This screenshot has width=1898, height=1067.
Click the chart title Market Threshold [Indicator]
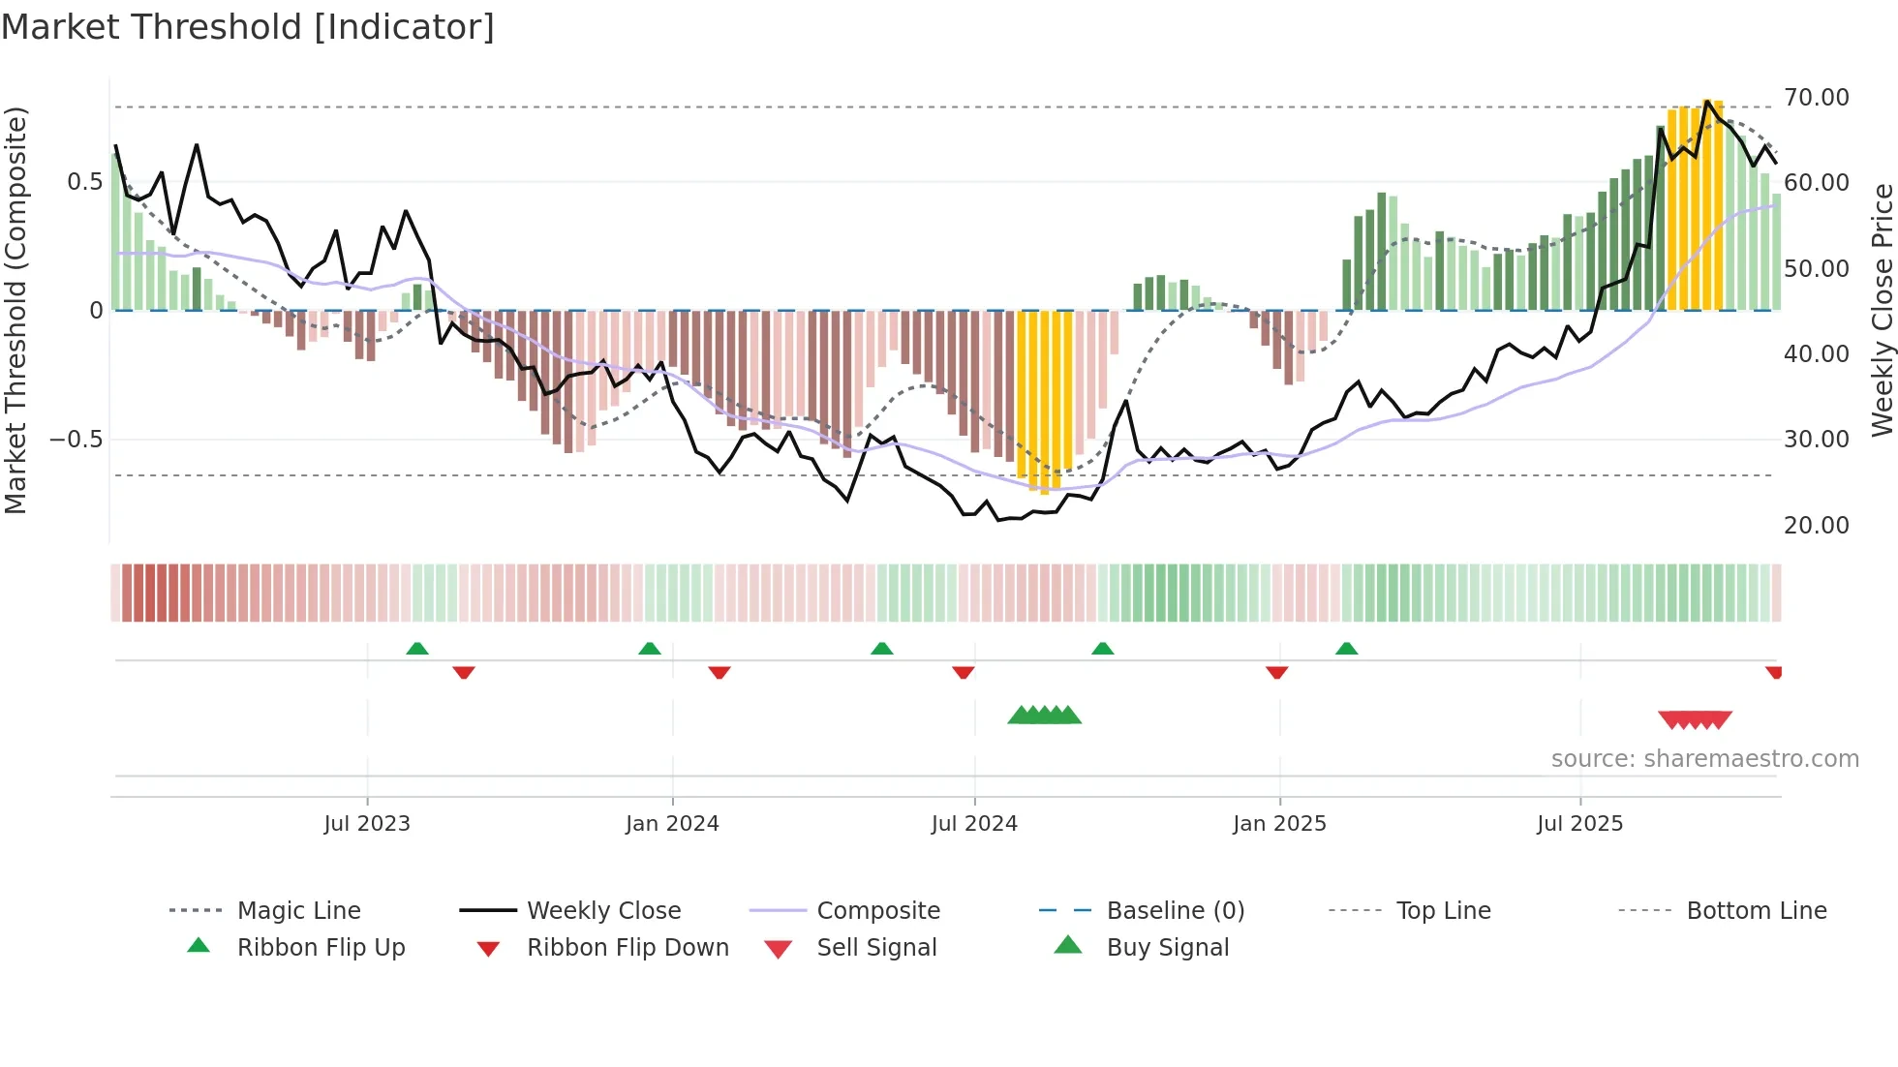point(248,27)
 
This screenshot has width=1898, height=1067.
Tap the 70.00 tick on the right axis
point(1816,98)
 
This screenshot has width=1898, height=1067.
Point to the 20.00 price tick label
point(1816,526)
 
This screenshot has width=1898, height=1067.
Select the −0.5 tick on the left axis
point(76,440)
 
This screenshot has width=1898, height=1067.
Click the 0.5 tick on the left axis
point(84,182)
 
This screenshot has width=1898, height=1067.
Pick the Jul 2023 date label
point(367,824)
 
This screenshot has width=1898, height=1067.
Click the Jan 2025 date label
point(1279,824)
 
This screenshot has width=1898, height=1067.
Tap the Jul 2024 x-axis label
point(974,824)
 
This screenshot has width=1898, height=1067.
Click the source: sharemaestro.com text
point(1704,759)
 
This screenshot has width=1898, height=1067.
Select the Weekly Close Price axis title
point(1882,310)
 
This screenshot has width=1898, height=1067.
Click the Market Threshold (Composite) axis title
point(15,310)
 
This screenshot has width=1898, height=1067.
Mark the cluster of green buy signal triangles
point(1044,716)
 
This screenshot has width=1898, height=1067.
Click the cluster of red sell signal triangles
point(1695,719)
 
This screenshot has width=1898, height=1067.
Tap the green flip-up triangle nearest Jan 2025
point(1346,649)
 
